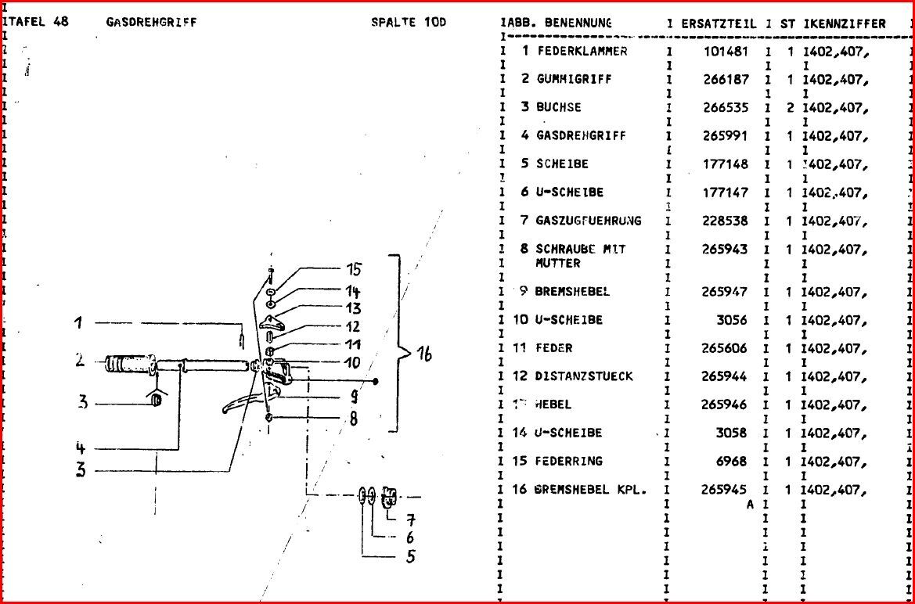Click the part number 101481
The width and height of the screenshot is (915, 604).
pos(726,51)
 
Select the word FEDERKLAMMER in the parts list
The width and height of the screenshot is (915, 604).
pos(582,51)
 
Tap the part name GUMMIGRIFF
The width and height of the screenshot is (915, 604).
pos(574,79)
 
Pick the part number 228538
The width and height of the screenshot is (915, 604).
pos(726,221)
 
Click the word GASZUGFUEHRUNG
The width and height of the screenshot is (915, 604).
pos(588,221)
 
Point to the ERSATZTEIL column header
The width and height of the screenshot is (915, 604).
pos(719,23)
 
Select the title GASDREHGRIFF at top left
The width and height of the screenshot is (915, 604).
pos(151,22)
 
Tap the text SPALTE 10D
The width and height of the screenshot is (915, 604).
pos(408,22)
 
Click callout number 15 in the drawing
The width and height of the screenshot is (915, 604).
pos(354,270)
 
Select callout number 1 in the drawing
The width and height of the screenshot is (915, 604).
pos(79,322)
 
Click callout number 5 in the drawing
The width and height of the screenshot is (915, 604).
pos(409,556)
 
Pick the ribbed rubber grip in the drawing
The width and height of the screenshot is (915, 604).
pos(128,364)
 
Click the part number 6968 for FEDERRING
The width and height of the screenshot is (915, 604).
pos(732,461)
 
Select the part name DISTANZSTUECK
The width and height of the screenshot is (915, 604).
pos(584,376)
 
